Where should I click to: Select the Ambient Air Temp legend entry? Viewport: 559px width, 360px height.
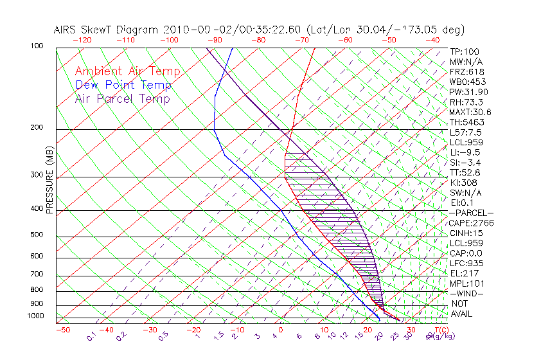pyautogui.click(x=127, y=71)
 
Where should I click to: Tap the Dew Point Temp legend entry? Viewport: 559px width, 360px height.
pyautogui.click(x=123, y=85)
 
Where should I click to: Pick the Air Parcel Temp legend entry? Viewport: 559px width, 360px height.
pyautogui.click(x=122, y=98)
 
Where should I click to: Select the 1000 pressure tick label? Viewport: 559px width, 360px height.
pyautogui.click(x=37, y=316)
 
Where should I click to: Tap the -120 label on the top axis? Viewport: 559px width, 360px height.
pyautogui.click(x=82, y=40)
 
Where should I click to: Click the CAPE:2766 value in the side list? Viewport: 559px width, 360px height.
pyautogui.click(x=469, y=223)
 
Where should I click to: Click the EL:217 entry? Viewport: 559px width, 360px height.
pyautogui.click(x=463, y=273)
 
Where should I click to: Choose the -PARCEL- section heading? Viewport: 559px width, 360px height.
pyautogui.click(x=471, y=213)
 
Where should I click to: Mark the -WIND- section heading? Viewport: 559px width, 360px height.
pyautogui.click(x=466, y=293)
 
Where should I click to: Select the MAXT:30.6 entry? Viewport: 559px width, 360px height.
pyautogui.click(x=469, y=112)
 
